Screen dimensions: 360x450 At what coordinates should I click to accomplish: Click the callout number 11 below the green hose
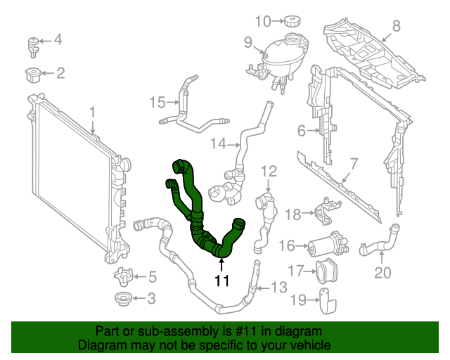(x=222, y=281)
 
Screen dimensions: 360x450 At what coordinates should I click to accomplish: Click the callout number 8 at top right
(x=396, y=26)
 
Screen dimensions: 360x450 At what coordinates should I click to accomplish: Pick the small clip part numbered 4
(x=33, y=44)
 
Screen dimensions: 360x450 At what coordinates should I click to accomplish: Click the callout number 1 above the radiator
(x=92, y=112)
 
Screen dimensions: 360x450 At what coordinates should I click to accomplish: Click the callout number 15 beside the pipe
(x=157, y=103)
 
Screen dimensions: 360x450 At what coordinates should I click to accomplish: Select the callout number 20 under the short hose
(x=382, y=272)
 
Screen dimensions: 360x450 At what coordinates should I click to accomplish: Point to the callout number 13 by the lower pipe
(x=278, y=286)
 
